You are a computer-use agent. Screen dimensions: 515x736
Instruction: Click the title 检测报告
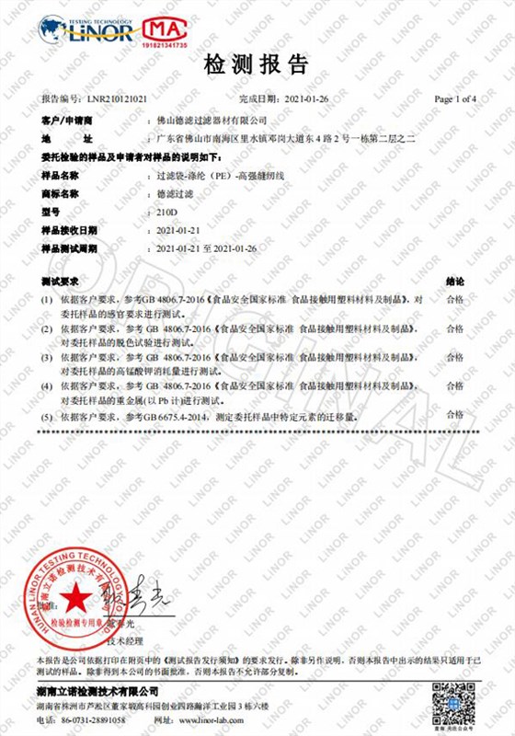pyautogui.click(x=257, y=65)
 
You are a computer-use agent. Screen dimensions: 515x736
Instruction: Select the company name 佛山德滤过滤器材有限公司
pyautogui.click(x=212, y=121)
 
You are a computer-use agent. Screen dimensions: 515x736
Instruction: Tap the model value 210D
pyautogui.click(x=168, y=212)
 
